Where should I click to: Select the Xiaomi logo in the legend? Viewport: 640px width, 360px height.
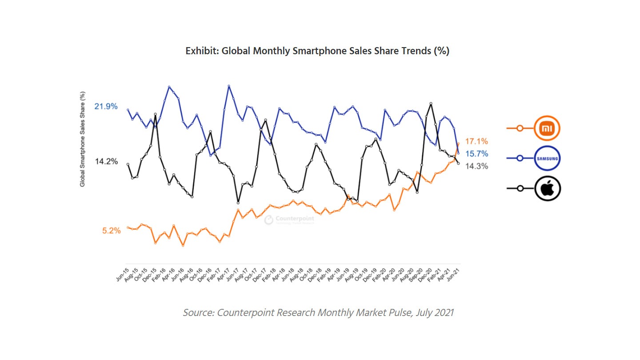(x=547, y=128)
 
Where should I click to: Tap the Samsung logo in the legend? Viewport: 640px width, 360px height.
(x=547, y=158)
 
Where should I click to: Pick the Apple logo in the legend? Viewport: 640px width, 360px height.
(x=547, y=188)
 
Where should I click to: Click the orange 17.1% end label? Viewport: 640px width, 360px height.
(x=476, y=141)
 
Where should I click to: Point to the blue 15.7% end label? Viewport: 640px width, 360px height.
(x=476, y=154)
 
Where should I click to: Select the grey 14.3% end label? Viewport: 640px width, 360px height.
(x=476, y=166)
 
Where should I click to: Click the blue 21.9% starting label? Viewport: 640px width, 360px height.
(x=106, y=106)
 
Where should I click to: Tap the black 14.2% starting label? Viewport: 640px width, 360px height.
(x=106, y=161)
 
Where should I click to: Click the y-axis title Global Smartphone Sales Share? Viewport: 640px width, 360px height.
(x=83, y=139)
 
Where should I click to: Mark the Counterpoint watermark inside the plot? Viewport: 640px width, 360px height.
(x=289, y=219)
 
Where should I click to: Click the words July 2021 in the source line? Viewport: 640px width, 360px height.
(x=435, y=312)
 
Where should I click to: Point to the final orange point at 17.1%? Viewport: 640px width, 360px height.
(x=458, y=143)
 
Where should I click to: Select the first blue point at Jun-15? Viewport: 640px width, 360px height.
(x=128, y=109)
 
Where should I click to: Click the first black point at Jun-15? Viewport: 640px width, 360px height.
(x=128, y=164)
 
